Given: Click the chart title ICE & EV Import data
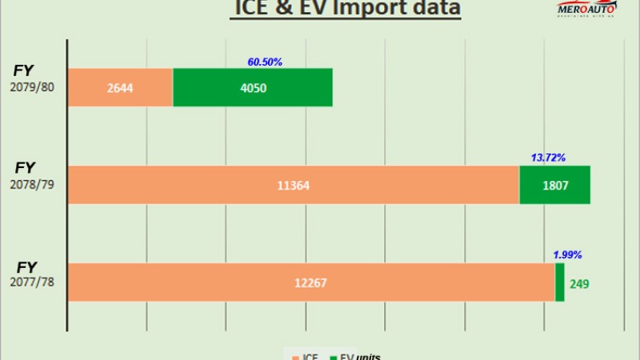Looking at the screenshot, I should coord(346,9).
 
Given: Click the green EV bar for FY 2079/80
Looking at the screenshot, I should coord(252,87).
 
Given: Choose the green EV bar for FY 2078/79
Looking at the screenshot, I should coord(554,185).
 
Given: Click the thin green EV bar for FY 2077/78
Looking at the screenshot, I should coord(559,282).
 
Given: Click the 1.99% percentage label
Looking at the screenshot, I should coord(567,255).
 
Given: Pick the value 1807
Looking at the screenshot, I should coord(554,185).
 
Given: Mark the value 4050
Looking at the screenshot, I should coord(252,88).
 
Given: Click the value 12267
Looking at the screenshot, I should coord(311,283).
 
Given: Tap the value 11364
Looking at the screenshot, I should coord(294,186).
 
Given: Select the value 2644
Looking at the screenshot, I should coord(120,88).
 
